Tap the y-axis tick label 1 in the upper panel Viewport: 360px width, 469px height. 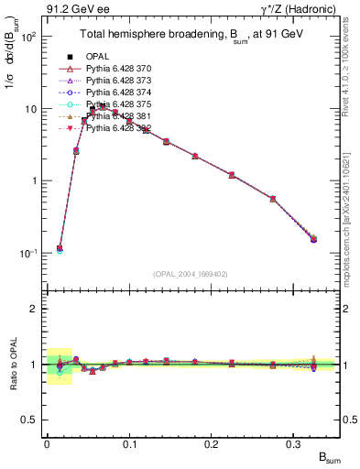click(33, 180)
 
